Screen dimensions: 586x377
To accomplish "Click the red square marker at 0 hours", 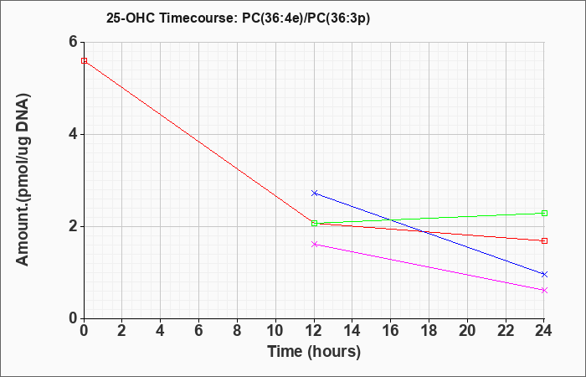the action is click(x=84, y=60).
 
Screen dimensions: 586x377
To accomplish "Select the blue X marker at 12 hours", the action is click(x=314, y=193).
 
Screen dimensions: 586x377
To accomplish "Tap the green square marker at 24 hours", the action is click(x=544, y=213).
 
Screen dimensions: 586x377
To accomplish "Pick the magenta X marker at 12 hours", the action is click(x=314, y=245).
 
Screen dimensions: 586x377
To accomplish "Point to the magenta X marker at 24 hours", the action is click(x=544, y=290).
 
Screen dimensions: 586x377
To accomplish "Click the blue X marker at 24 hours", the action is click(x=544, y=274).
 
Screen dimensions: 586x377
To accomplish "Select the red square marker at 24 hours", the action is click(x=544, y=241).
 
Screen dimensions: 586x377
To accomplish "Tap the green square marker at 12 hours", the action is click(x=314, y=224).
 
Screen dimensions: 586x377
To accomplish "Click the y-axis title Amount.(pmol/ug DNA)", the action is click(x=23, y=180).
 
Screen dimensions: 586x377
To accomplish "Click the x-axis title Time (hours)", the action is click(x=314, y=352).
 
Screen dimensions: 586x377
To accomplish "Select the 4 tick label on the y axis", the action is click(x=73, y=134).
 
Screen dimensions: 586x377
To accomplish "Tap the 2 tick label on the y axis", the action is click(x=73, y=227).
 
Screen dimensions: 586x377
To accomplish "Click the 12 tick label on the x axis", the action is click(x=314, y=330).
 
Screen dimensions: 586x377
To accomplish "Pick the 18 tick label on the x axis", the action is click(x=429, y=330).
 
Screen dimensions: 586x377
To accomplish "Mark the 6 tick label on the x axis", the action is click(x=199, y=330).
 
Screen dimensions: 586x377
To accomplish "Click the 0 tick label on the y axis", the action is click(x=73, y=318).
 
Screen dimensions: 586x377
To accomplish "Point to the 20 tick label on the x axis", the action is click(x=467, y=330).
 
